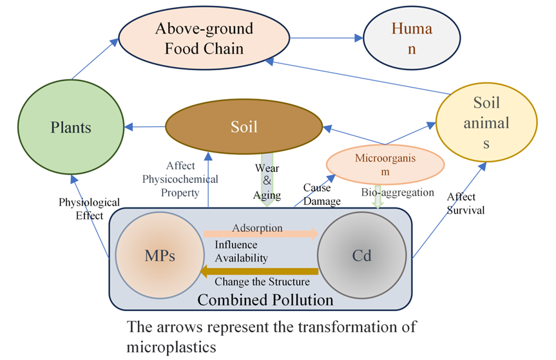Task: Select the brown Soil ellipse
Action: [244, 127]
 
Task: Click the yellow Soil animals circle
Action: [486, 122]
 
